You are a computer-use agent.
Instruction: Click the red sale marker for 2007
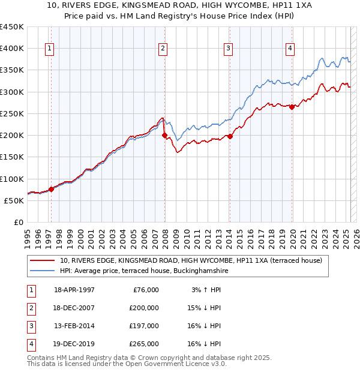164,136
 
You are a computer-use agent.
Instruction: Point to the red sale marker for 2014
230,136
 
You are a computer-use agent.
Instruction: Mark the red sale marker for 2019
292,107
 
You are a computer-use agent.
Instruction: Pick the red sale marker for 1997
51,189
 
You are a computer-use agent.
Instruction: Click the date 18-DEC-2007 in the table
74,308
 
